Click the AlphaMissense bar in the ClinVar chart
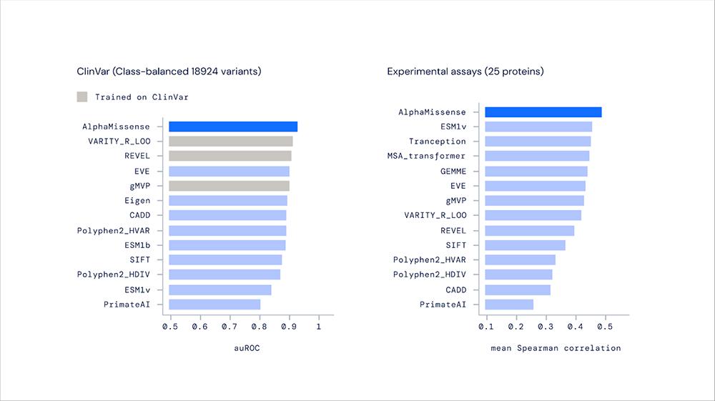(x=233, y=127)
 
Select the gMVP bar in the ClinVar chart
(x=229, y=186)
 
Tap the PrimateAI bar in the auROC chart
(x=214, y=305)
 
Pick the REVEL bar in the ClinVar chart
(x=230, y=156)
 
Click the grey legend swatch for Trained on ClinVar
(x=82, y=96)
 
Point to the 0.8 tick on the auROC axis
(x=260, y=327)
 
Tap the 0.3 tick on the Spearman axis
(x=546, y=327)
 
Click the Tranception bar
(x=538, y=142)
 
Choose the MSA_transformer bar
(x=537, y=156)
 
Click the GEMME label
(x=453, y=172)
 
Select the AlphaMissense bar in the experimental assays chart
(x=543, y=112)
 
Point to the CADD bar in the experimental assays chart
(x=518, y=290)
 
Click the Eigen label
(x=137, y=201)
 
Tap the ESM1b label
(x=137, y=245)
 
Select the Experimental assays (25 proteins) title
(x=465, y=71)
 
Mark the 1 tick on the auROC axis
(x=319, y=327)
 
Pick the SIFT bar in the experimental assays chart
(x=525, y=245)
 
